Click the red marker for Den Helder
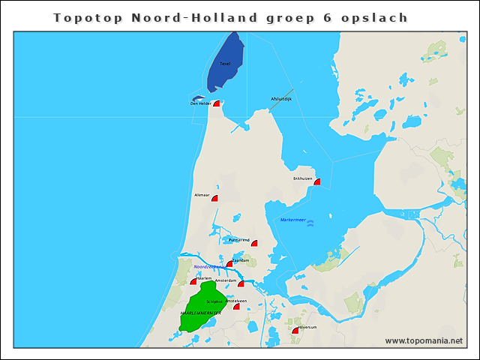click(217, 103)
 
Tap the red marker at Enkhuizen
click(317, 181)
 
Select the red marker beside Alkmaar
click(214, 199)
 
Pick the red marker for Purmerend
click(254, 243)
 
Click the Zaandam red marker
click(229, 264)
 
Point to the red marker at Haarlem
click(193, 281)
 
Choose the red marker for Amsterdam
click(241, 283)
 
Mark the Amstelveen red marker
click(236, 306)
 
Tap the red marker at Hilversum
click(295, 331)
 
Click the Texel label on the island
click(225, 64)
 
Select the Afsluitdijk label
click(280, 99)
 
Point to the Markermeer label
click(292, 220)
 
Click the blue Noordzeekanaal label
click(207, 267)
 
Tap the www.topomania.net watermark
click(424, 340)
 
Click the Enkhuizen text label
click(302, 178)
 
